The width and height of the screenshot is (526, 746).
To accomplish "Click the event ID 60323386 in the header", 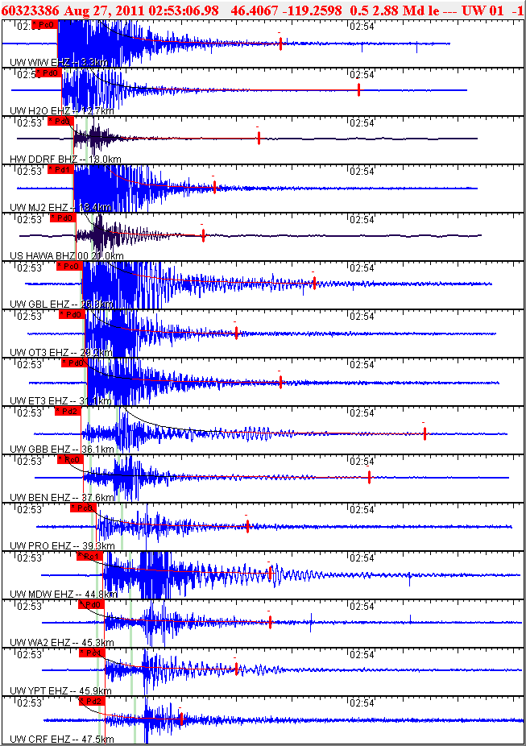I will click(31, 10).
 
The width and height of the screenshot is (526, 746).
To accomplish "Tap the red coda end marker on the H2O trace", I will click(358, 90).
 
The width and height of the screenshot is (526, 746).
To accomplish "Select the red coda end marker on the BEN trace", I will click(369, 477).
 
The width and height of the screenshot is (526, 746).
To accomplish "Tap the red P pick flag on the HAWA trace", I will click(62, 218).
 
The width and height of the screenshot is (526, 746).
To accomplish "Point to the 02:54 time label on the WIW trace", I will click(362, 26).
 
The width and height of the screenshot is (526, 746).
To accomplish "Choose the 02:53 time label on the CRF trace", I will click(30, 702).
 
